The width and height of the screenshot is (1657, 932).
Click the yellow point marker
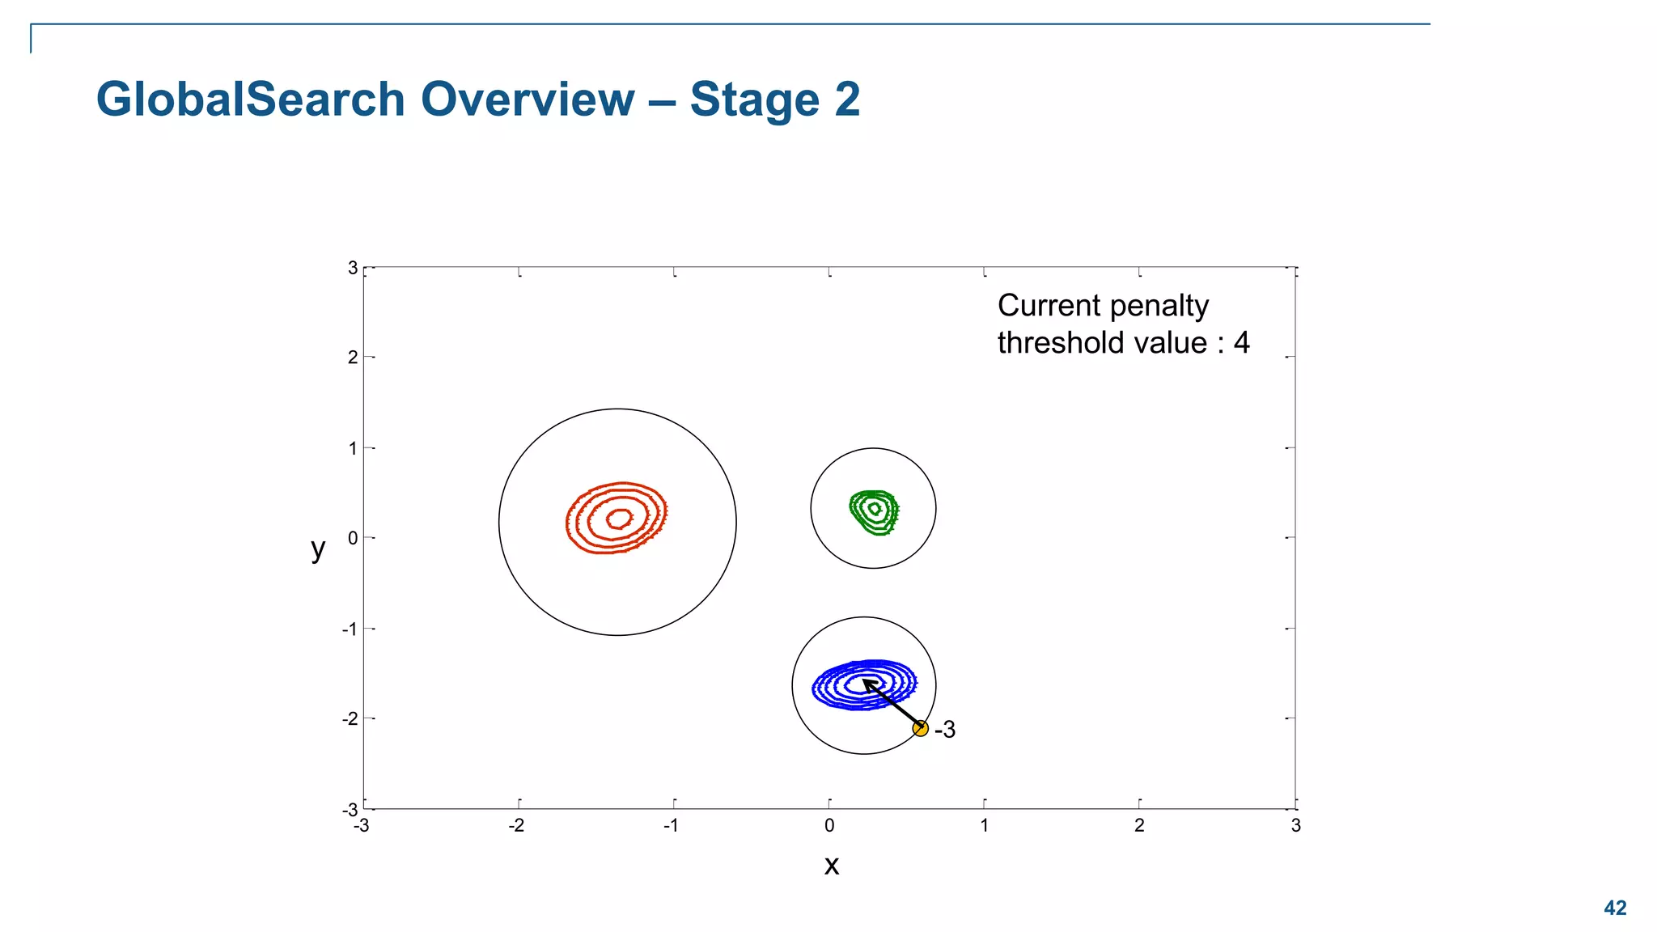coord(920,728)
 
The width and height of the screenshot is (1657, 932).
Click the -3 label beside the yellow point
coord(945,730)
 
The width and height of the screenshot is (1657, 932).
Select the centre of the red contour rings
coord(619,518)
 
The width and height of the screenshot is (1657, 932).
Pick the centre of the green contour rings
coord(875,509)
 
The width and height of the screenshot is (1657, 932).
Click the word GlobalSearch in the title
coord(250,100)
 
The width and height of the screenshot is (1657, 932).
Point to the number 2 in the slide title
coord(847,100)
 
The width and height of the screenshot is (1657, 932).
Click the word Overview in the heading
coord(528,100)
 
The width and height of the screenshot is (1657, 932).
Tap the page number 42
coord(1615,908)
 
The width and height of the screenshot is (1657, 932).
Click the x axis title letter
coord(831,866)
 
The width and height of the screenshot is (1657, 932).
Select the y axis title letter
coord(318,549)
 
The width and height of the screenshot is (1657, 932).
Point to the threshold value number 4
coord(1241,343)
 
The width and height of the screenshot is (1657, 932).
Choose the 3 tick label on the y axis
coord(353,268)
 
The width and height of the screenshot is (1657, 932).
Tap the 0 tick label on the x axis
coord(829,826)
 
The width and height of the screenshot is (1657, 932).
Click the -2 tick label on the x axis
coord(516,826)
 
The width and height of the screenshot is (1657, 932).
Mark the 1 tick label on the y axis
coord(353,448)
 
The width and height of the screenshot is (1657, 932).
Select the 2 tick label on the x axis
coord(1139,826)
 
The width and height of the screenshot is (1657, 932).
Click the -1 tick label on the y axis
coord(350,629)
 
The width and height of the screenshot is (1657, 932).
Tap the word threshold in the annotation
coord(1061,343)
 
